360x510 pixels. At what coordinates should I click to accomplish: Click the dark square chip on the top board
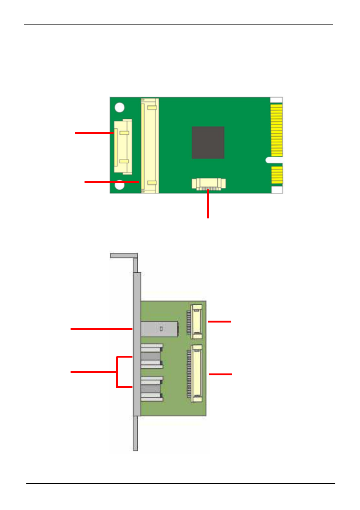208,143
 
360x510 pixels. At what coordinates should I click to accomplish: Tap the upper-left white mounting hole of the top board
120,108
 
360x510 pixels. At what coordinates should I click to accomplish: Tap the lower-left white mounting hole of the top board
120,185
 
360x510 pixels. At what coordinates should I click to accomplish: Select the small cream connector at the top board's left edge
123,147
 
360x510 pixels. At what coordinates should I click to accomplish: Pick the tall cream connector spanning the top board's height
150,146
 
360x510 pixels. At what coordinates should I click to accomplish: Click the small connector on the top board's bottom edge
208,184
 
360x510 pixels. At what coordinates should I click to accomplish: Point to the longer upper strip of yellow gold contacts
277,130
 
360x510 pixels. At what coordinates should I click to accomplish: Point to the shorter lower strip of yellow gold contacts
277,175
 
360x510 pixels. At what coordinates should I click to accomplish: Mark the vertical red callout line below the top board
208,204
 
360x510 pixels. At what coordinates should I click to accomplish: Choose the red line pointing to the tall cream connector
111,182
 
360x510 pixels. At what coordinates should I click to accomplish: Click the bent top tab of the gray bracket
124,255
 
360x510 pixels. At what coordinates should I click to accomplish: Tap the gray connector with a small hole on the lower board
160,329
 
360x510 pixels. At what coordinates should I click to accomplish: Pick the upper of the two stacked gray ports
152,356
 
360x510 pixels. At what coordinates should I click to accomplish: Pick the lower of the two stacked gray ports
152,389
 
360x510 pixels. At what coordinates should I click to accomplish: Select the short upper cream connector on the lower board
197,322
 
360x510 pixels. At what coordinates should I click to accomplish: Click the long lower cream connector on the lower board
197,373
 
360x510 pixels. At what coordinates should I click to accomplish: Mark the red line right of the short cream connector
220,321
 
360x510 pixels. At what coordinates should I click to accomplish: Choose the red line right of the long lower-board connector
220,374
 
